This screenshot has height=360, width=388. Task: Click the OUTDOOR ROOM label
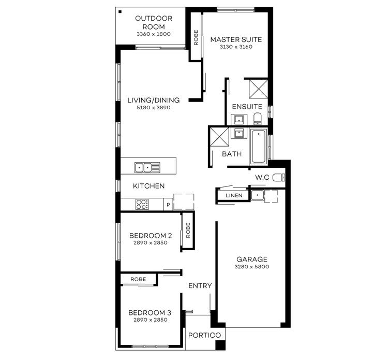point(153,22)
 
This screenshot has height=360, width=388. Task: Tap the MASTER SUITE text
point(235,39)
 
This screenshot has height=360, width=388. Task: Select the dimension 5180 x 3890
point(153,108)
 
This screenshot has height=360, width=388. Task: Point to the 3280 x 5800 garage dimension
point(252,267)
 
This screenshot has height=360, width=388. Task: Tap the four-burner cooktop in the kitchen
point(142,204)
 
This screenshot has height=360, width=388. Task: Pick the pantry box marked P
point(168,205)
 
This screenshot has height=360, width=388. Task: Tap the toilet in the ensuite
point(258,120)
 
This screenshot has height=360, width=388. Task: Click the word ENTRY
point(200,285)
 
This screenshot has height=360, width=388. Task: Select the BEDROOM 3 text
point(150,313)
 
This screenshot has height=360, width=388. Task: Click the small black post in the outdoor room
point(121,11)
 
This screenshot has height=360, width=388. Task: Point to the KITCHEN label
point(149,186)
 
